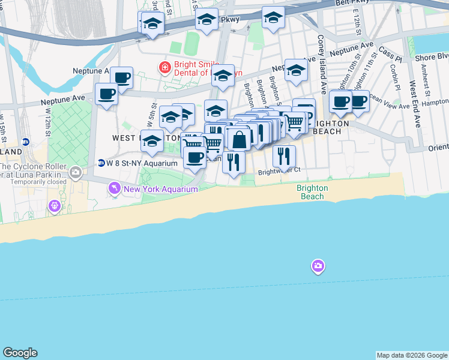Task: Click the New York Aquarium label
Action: point(160,190)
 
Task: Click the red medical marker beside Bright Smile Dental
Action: point(164,67)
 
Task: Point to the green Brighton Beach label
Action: point(312,192)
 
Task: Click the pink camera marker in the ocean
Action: point(318,265)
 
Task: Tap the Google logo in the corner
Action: point(20,353)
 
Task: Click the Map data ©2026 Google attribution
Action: point(412,355)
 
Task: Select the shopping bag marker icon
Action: point(239,140)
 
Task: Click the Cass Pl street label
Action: point(390,55)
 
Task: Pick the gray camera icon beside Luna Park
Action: point(75,173)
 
